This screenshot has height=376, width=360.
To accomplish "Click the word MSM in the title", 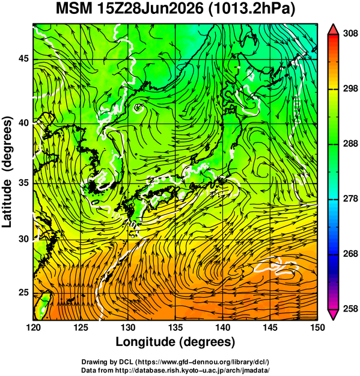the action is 74,9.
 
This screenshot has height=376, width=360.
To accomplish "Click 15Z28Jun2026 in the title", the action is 150,9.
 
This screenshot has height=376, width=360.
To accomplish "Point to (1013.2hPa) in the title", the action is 252,10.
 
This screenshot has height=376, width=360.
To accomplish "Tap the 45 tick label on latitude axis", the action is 23,58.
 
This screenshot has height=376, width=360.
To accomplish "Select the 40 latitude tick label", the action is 23,123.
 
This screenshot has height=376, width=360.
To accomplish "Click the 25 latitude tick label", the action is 23,292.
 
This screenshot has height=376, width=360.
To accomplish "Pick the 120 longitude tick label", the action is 33,327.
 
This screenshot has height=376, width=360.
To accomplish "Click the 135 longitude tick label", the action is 175,327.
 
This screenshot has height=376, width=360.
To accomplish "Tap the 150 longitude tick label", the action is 317,327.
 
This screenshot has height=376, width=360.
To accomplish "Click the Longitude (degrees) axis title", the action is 175,342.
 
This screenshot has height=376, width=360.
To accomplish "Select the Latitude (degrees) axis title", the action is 8,171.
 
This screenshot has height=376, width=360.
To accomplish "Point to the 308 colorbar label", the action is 350,34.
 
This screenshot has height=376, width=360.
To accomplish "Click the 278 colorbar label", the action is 350,199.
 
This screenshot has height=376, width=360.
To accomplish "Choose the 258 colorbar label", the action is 350,309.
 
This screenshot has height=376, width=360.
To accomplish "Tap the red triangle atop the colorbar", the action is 333,29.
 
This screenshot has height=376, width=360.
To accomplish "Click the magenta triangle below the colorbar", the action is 333,315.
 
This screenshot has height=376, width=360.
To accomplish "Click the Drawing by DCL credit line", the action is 175,362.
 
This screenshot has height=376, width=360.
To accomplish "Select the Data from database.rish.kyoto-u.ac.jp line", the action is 175,370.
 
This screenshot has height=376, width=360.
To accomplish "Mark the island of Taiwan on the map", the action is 42,306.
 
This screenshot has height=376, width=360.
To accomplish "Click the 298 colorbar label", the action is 350,89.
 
